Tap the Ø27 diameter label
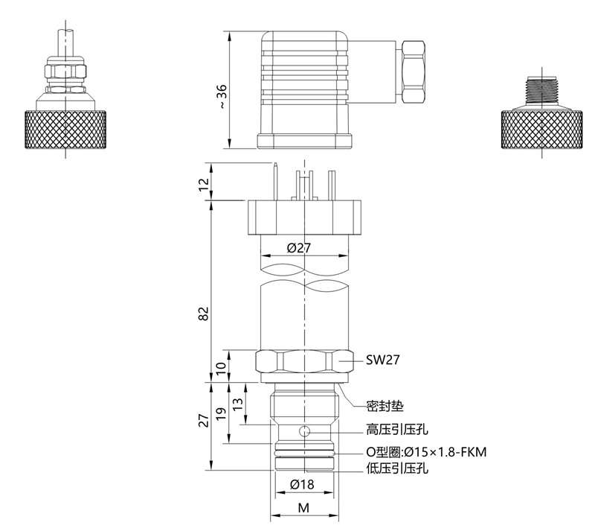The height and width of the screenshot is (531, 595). (x=298, y=248)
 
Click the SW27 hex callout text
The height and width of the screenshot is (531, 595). (x=384, y=360)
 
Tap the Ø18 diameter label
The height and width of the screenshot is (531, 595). (x=302, y=484)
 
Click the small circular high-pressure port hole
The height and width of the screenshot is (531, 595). (x=304, y=431)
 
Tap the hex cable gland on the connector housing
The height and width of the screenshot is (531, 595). (x=411, y=73)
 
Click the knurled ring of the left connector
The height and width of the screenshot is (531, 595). (x=66, y=129)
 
